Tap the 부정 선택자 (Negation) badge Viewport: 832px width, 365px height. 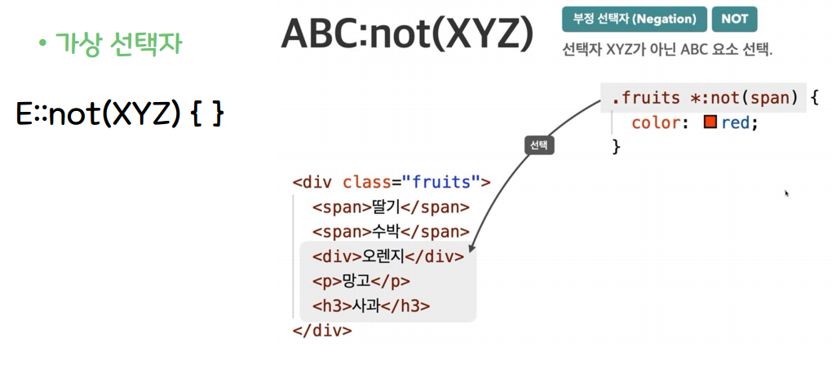633,19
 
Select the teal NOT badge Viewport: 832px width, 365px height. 734,19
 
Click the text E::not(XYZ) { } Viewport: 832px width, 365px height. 119,114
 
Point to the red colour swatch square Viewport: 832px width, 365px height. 710,122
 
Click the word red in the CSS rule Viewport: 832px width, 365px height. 737,122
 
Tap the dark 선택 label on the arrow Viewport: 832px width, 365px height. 538,145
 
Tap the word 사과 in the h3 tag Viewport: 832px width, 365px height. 365,306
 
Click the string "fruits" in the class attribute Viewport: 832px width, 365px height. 440,181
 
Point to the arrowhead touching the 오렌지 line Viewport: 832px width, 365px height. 471,249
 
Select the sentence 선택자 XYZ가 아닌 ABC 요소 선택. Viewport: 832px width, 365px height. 666,49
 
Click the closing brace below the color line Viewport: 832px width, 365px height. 617,146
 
